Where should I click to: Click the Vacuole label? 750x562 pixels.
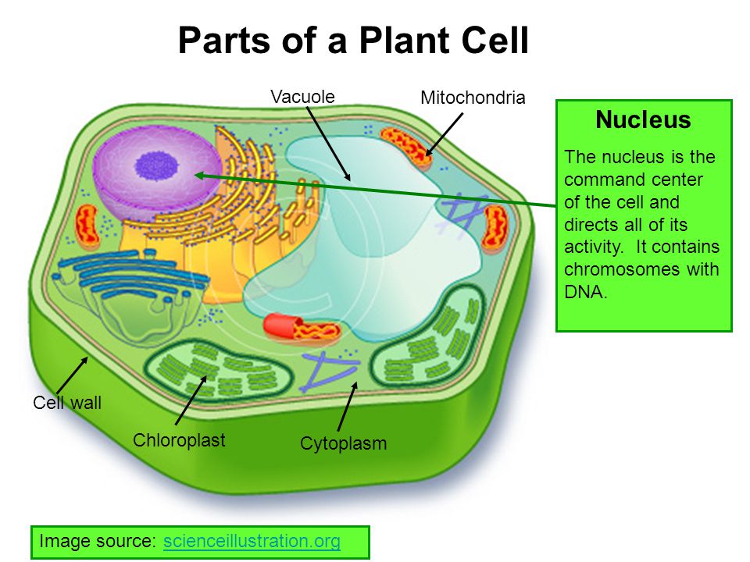pos(302,97)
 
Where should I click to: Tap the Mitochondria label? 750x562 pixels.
pos(473,98)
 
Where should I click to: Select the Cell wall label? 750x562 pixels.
pos(67,403)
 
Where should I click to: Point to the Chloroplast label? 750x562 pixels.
pos(179,440)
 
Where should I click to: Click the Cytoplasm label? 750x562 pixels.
pos(343,443)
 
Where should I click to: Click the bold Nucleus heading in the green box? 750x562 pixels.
pos(643,119)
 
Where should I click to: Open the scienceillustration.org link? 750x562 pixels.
pos(252,541)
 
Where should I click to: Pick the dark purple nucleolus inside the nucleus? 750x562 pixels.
pos(157,165)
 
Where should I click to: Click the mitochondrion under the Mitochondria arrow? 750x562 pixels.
pos(406,148)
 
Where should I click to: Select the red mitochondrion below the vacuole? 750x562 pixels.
pos(302,328)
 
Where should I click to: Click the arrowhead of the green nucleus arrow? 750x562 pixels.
pos(197,175)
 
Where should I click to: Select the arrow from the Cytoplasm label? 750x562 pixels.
pos(348,406)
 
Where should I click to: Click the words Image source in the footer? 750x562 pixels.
pos(98,541)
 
